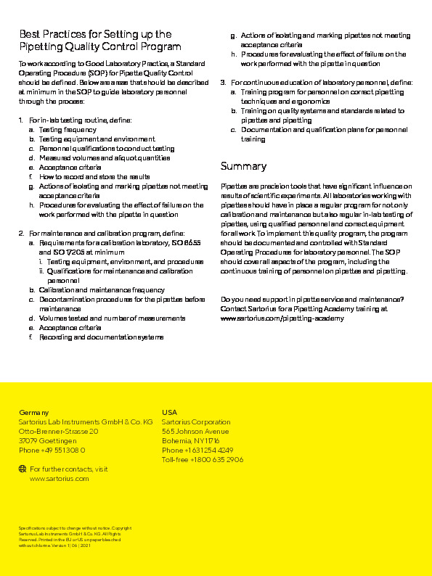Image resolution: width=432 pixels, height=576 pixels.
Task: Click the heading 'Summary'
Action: pyautogui.click(x=243, y=166)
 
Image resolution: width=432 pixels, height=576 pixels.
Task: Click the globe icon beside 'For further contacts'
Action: pyautogui.click(x=22, y=469)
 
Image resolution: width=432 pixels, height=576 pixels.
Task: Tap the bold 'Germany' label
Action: pyautogui.click(x=33, y=412)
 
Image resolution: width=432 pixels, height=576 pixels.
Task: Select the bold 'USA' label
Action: pyautogui.click(x=169, y=412)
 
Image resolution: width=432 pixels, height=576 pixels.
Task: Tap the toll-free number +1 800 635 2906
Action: pyautogui.click(x=203, y=459)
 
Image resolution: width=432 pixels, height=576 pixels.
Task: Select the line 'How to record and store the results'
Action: pyautogui.click(x=94, y=176)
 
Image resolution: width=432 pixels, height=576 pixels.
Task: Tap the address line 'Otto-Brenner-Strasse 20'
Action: pyautogui.click(x=58, y=431)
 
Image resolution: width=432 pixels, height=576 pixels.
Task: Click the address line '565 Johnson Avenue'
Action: pyautogui.click(x=195, y=431)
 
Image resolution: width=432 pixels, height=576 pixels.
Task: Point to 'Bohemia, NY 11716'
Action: pyautogui.click(x=190, y=440)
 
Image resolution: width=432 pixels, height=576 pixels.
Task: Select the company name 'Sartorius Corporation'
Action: pyautogui.click(x=196, y=421)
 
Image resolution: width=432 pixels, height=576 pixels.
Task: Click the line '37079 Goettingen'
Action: pyautogui.click(x=47, y=440)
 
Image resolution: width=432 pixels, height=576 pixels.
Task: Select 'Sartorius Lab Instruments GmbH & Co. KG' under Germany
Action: pyautogui.click(x=85, y=421)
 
